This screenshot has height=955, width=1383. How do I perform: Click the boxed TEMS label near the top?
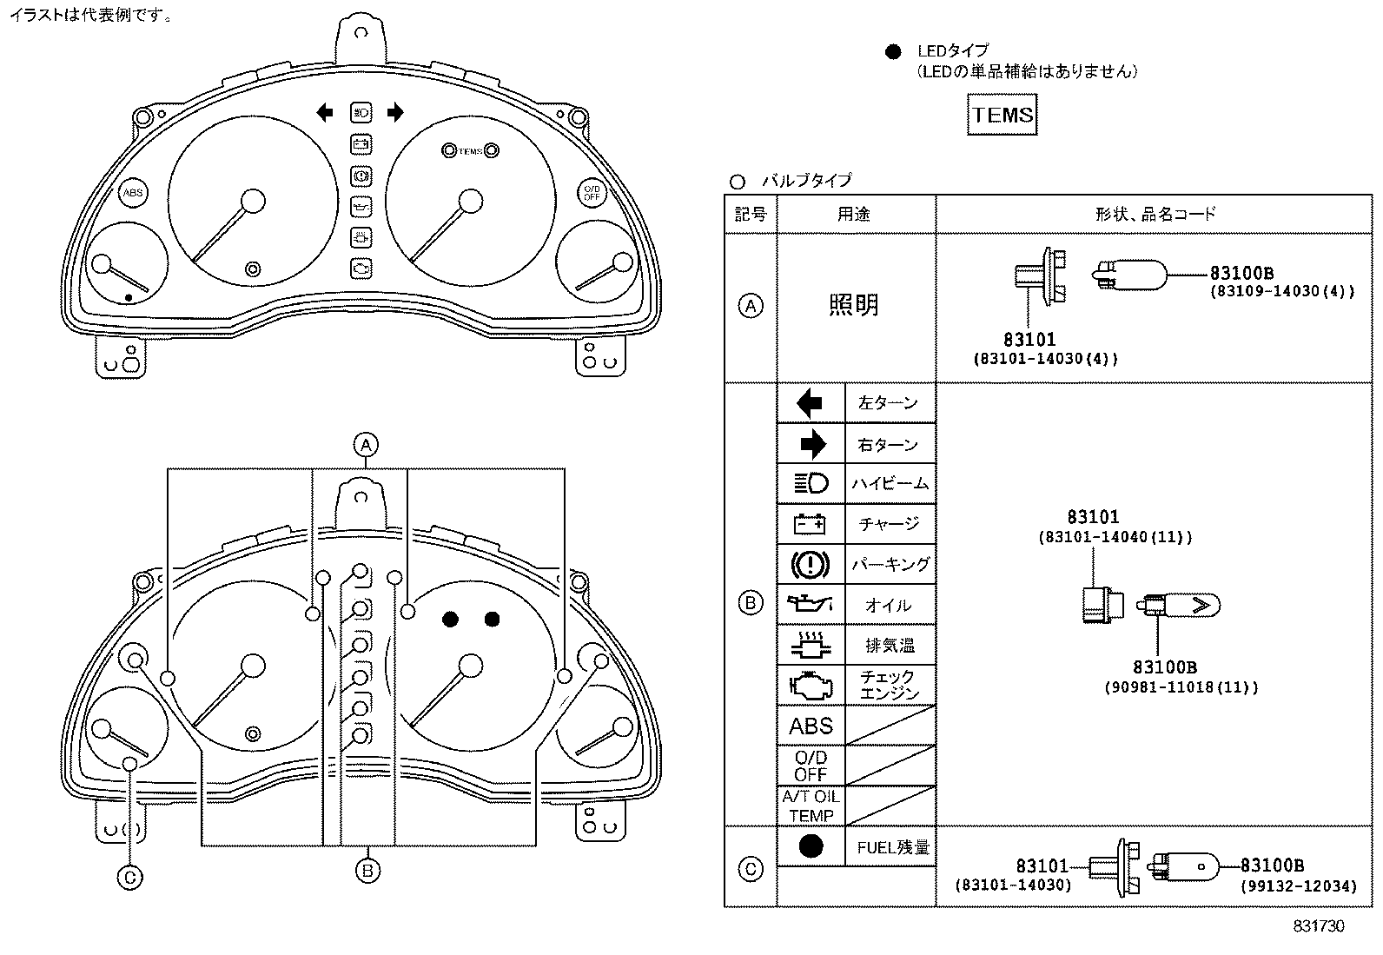click(1002, 116)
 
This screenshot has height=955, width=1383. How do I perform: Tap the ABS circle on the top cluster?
click(133, 193)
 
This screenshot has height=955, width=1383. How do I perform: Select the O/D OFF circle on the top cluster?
click(592, 193)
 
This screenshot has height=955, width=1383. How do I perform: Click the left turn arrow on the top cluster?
click(324, 111)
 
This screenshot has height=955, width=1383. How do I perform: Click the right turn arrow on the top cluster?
click(395, 111)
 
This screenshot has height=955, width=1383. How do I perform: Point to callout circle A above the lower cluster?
click(366, 445)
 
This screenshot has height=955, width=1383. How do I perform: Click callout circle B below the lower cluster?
click(367, 870)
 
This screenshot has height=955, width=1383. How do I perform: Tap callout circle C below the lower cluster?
click(129, 878)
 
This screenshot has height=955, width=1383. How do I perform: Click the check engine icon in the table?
click(811, 686)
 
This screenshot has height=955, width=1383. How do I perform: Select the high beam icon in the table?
click(811, 483)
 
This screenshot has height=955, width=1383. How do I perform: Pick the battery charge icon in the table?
click(811, 524)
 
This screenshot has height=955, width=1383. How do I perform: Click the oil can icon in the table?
click(811, 604)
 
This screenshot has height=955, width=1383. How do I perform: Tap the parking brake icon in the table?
click(811, 565)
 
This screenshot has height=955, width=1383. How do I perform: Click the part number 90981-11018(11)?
click(1181, 687)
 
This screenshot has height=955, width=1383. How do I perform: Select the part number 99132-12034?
click(1298, 885)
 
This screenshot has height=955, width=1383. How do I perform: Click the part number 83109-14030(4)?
click(1281, 292)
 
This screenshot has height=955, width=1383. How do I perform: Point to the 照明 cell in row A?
click(855, 305)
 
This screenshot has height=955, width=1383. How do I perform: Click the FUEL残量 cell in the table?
click(892, 847)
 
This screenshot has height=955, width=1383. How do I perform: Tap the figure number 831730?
click(1318, 926)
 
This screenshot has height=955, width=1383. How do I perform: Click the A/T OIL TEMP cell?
click(811, 806)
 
